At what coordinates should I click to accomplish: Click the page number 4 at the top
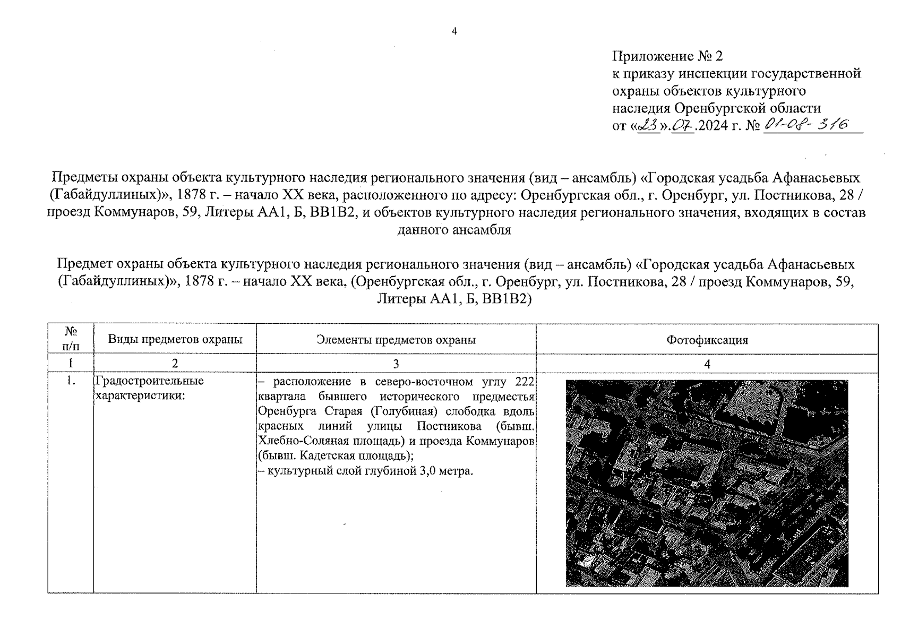pyautogui.click(x=454, y=31)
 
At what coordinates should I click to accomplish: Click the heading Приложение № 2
pyautogui.click(x=667, y=56)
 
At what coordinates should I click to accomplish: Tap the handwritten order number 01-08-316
pyautogui.click(x=805, y=125)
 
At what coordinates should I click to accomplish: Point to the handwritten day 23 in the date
pyautogui.click(x=647, y=126)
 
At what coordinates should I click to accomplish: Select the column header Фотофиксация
pyautogui.click(x=707, y=340)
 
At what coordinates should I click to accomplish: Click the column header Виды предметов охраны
pyautogui.click(x=175, y=339)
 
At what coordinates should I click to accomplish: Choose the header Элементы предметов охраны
pyautogui.click(x=396, y=340)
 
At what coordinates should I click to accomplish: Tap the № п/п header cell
pyautogui.click(x=71, y=339)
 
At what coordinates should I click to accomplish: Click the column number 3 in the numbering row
pyautogui.click(x=396, y=364)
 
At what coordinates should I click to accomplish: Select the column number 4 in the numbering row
pyautogui.click(x=707, y=364)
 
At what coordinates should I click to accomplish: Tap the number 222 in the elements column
pyautogui.click(x=525, y=382)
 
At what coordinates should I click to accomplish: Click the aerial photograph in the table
pyautogui.click(x=707, y=483)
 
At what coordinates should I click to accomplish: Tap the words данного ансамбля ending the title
pyautogui.click(x=454, y=230)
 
